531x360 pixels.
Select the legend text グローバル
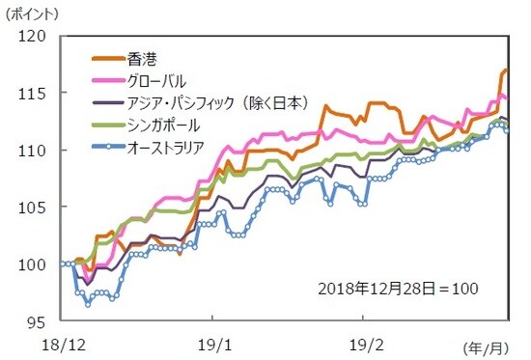click(x=156, y=80)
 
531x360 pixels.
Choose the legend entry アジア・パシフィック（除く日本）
click(x=212, y=102)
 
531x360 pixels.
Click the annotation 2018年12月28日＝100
click(x=398, y=288)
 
